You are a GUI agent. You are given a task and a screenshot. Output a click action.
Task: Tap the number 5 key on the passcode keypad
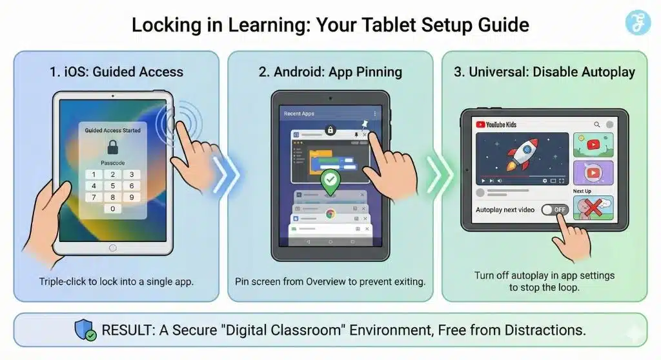pos(113,186)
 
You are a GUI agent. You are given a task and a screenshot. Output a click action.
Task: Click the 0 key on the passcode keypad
pos(113,208)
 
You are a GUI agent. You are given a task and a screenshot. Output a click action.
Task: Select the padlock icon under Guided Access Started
pos(112,146)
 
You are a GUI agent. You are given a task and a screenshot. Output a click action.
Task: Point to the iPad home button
pos(112,248)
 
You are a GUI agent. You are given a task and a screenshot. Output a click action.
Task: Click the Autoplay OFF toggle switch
pos(554,210)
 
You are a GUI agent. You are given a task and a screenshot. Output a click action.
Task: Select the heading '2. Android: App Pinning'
pos(330,72)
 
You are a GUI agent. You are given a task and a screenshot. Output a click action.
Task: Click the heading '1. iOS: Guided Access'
pos(116,72)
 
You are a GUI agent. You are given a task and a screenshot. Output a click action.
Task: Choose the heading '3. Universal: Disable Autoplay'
pos(544,72)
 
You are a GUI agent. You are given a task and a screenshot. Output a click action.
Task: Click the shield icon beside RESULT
pos(86,330)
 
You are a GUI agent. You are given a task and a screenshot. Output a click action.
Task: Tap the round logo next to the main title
pos(638,23)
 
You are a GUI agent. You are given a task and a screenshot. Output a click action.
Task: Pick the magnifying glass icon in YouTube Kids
pos(597,125)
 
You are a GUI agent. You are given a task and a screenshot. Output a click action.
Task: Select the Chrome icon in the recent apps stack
pos(330,214)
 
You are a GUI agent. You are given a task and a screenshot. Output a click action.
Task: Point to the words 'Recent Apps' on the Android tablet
pos(299,114)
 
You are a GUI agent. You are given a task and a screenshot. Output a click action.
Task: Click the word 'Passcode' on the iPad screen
pos(112,163)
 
